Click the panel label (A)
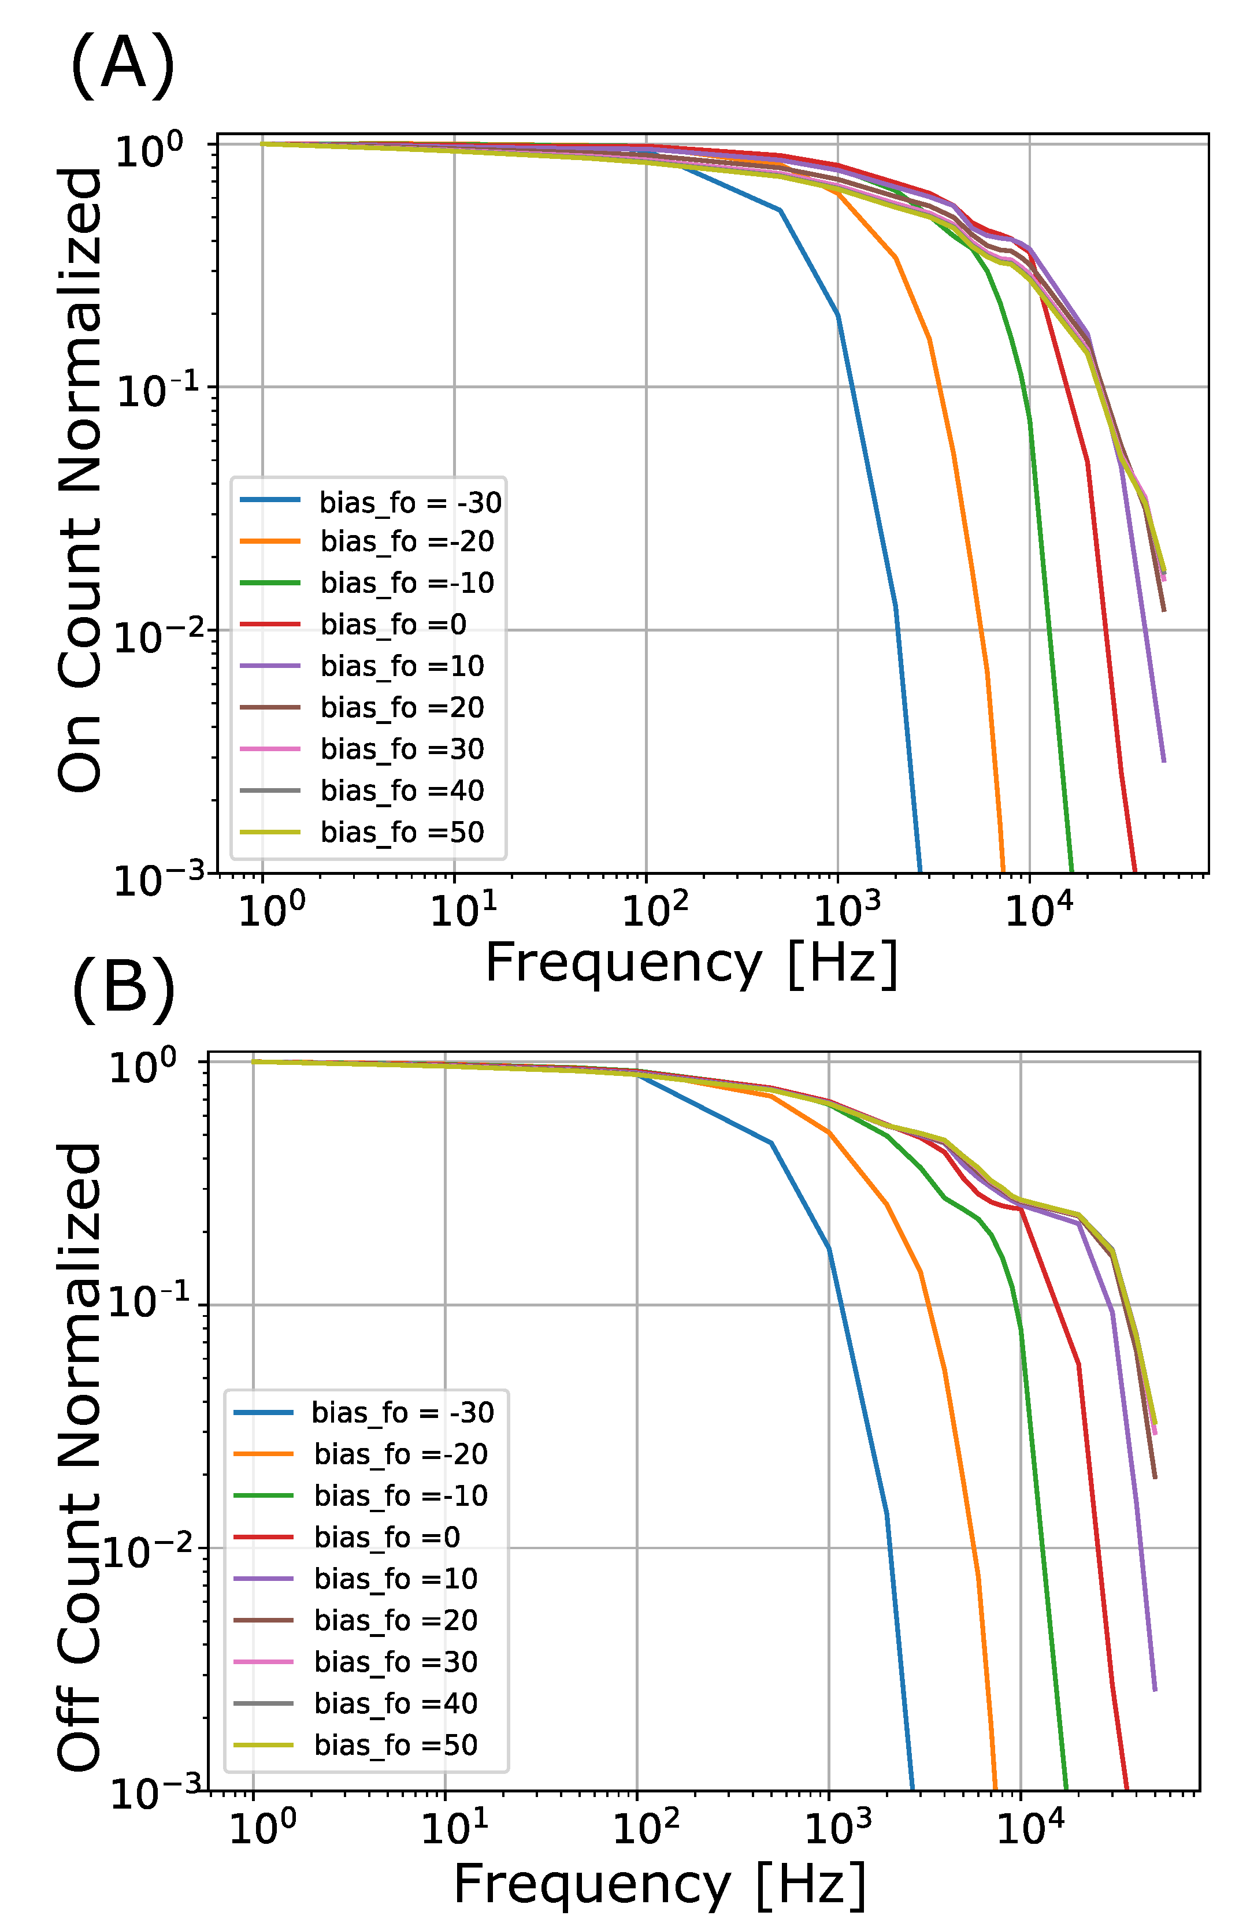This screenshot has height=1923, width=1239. [x=123, y=65]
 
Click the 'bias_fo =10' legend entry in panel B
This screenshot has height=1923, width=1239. [x=355, y=1578]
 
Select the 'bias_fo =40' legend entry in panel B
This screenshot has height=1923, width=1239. [x=355, y=1703]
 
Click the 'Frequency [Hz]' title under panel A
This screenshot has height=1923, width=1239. [x=691, y=965]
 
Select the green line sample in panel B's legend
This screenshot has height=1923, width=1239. [x=263, y=1495]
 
